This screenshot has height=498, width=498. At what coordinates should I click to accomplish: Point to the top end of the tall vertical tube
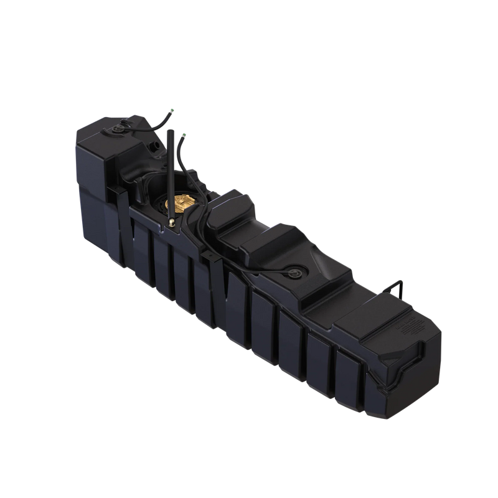tap(167, 133)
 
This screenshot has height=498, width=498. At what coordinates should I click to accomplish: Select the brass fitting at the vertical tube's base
tap(169, 222)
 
